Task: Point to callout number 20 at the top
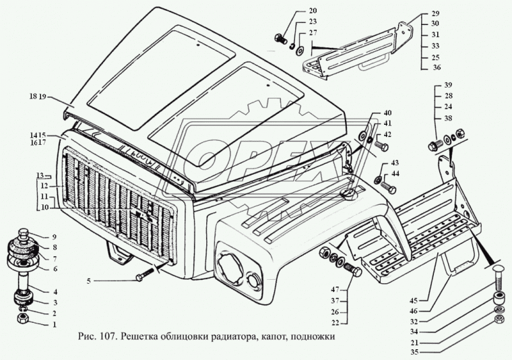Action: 294,11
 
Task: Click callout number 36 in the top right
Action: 436,67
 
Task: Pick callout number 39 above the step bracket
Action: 448,85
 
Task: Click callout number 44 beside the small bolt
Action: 395,174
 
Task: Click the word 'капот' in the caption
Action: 268,337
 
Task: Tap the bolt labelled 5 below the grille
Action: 148,276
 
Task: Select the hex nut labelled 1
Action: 22,316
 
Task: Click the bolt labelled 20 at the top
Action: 279,37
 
